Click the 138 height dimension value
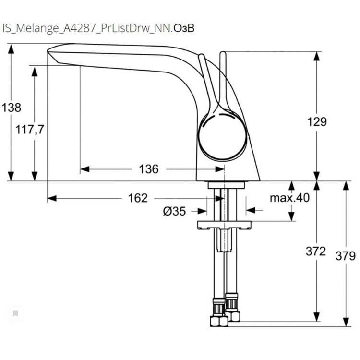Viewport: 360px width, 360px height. (12, 108)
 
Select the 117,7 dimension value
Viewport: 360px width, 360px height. (30, 129)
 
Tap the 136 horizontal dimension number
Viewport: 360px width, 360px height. (148, 169)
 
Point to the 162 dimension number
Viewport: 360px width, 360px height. (138, 198)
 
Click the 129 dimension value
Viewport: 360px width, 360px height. (317, 122)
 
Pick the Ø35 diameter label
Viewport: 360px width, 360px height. (174, 211)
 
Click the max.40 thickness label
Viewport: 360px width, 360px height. (289, 198)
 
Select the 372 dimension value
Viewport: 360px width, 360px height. (316, 251)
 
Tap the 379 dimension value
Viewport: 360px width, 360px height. (346, 255)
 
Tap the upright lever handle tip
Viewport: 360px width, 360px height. (223, 56)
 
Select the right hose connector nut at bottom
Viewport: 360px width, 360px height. (234, 314)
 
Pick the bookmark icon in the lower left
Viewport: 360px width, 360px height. (15, 313)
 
